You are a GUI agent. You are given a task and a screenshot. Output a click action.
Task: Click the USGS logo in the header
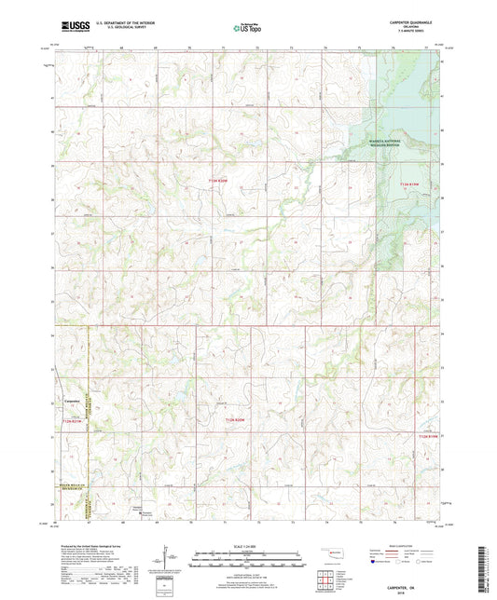pyautogui.click(x=73, y=28)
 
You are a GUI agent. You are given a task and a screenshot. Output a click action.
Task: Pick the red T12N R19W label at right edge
pyautogui.click(x=427, y=435)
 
